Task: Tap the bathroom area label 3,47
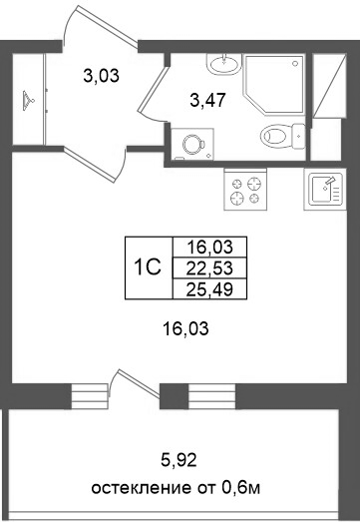208,98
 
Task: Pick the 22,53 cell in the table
209,266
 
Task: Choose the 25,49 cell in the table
209,287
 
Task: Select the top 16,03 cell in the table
209,247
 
